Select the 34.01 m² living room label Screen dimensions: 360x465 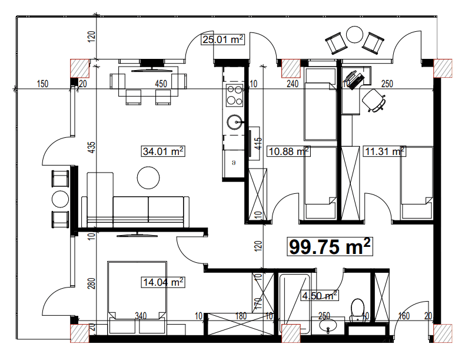(x=164, y=151)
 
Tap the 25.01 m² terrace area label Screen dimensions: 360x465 (x=223, y=40)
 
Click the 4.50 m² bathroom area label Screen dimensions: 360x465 (x=319, y=295)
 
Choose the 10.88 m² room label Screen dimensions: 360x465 (x=288, y=151)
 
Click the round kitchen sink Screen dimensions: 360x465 (x=234, y=122)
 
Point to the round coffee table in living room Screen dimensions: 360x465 (x=148, y=177)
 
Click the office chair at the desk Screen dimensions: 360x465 (x=374, y=100)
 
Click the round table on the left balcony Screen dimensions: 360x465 (x=61, y=199)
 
